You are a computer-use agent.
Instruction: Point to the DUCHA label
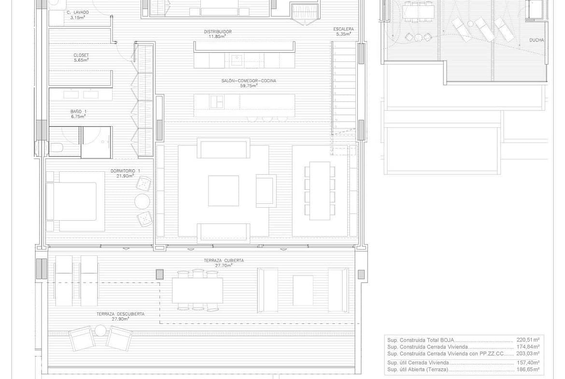(537, 41)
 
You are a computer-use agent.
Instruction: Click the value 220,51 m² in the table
(528, 340)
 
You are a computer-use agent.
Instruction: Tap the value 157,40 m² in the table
(528, 363)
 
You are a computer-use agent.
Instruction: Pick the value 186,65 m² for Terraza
(528, 369)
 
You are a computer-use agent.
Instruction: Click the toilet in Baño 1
(57, 148)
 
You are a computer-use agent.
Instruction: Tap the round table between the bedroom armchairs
(142, 201)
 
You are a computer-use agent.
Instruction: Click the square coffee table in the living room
(224, 191)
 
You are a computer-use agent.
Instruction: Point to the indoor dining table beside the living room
(320, 191)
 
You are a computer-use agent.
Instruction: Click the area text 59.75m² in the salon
(249, 86)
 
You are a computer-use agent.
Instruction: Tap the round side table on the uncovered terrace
(100, 330)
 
